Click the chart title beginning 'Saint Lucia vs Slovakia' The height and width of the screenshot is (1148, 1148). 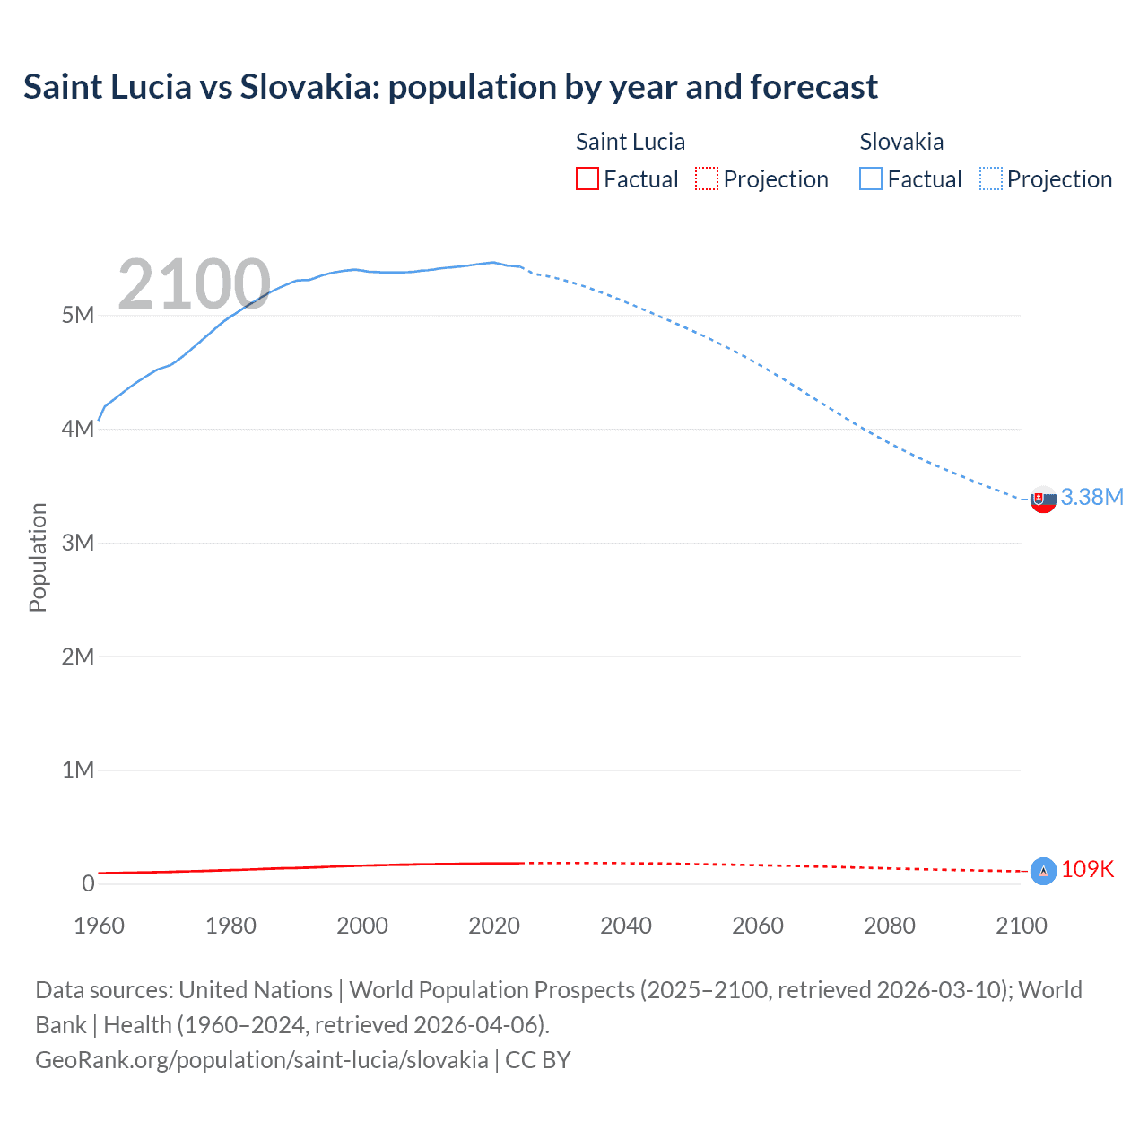coord(450,87)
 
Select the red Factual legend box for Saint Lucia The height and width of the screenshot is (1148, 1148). coord(587,178)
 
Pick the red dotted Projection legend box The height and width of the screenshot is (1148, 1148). coord(707,178)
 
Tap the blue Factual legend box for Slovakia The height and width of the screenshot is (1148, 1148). coord(870,178)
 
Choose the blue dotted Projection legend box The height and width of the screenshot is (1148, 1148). coord(990,178)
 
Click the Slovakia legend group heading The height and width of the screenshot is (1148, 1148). coord(901,142)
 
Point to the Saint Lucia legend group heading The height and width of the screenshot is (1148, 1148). coord(630,142)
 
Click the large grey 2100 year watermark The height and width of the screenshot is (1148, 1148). coord(194,284)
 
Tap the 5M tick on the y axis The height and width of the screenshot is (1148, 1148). coord(78,315)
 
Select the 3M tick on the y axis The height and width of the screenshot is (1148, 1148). coord(78,543)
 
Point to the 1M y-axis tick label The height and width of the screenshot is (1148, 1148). coord(78,770)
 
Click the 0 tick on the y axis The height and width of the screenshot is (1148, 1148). coord(88,883)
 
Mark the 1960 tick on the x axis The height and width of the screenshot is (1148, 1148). coord(99,926)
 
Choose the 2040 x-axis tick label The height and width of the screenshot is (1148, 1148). coord(626,926)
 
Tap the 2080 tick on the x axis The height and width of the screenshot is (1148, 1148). coord(890,926)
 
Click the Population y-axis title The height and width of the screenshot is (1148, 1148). coord(38,557)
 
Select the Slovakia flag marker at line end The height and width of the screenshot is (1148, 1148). coord(1043,500)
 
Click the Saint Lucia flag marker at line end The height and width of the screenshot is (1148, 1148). coord(1043,871)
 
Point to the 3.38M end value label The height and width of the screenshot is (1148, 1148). coord(1091,497)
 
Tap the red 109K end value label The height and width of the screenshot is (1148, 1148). coord(1087,869)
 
